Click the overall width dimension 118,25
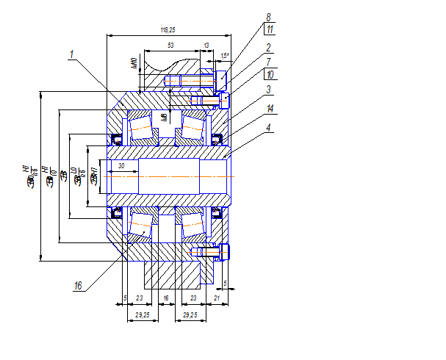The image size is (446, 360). pos(168,29)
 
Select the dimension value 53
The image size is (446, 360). pos(170,46)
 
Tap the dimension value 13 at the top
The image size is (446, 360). pos(206,46)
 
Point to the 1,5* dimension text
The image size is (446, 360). pos(226,56)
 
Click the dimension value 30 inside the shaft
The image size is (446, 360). pos(121,166)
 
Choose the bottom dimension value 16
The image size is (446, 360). pos(166,298)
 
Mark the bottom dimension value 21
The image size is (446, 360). pos(217,298)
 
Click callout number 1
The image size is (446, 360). pos(72,54)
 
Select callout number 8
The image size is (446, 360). pos(268,16)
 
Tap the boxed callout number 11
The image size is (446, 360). pos(270,29)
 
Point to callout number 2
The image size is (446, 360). pos(269,46)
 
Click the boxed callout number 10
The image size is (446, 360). pos(270,75)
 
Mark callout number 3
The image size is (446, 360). pos(269,90)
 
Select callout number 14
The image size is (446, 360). pos(270,109)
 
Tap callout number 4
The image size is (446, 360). pos(269,127)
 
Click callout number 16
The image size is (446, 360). pos(78,286)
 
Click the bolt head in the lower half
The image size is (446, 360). pos(223,251)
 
